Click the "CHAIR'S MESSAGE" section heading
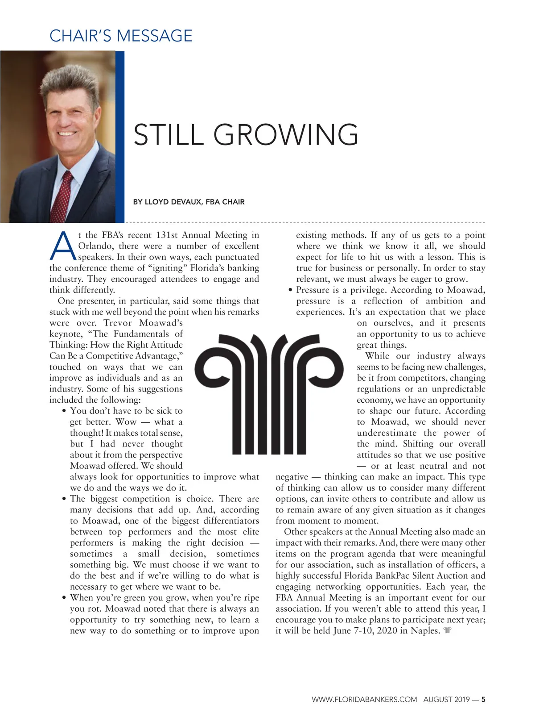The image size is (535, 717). [121, 36]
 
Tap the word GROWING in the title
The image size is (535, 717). [286, 135]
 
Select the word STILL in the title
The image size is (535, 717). [168, 135]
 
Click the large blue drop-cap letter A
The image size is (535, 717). [63, 246]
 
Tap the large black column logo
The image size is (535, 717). [270, 393]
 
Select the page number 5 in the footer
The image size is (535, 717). [483, 700]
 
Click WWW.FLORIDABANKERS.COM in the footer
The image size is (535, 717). [364, 700]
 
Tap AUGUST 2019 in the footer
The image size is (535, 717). [446, 700]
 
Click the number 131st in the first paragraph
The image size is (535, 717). [167, 235]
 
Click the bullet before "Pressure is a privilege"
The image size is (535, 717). [290, 291]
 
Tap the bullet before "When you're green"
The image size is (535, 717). [65, 598]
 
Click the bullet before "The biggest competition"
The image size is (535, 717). [65, 499]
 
